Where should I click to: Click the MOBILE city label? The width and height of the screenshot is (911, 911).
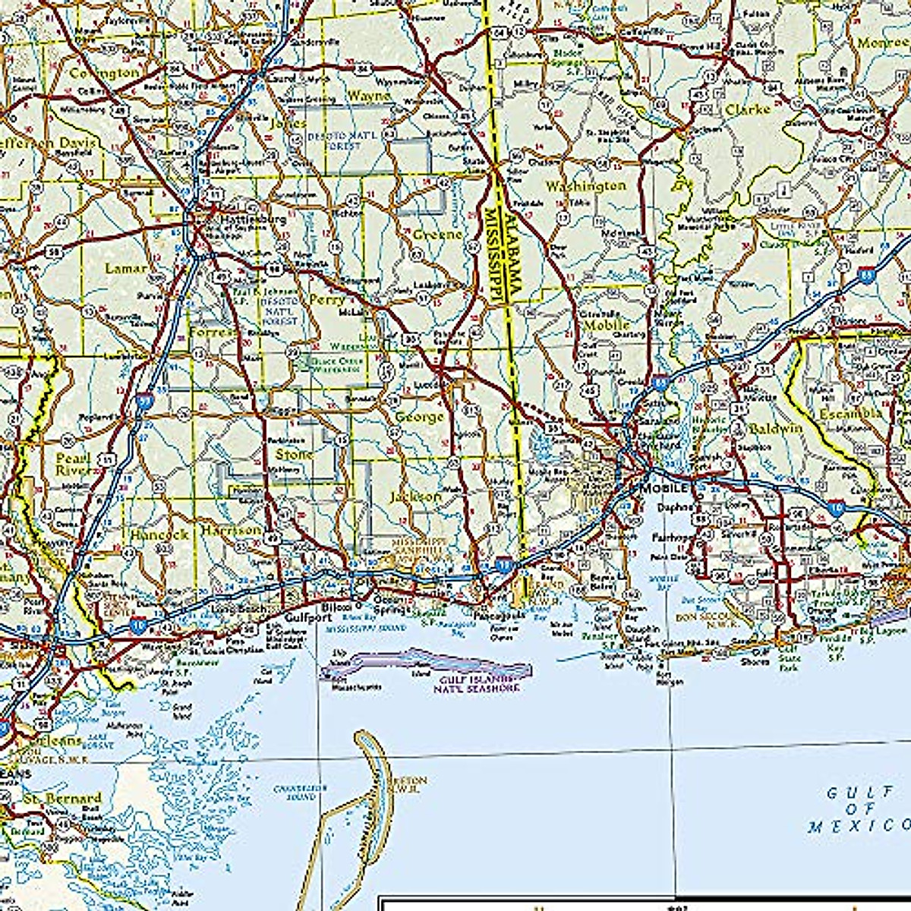[x=664, y=488]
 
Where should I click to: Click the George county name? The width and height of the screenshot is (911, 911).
[x=419, y=417]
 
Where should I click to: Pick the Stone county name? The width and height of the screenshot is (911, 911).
[x=293, y=454]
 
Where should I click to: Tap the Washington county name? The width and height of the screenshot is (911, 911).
[x=586, y=186]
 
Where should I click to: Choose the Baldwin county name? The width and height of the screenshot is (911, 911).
[x=775, y=428]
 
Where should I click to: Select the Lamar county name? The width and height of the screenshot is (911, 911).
[x=126, y=268]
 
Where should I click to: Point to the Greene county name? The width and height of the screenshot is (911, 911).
[x=437, y=235]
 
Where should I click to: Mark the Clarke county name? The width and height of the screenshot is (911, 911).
[x=747, y=109]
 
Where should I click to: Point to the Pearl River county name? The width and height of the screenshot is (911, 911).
[x=73, y=464]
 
